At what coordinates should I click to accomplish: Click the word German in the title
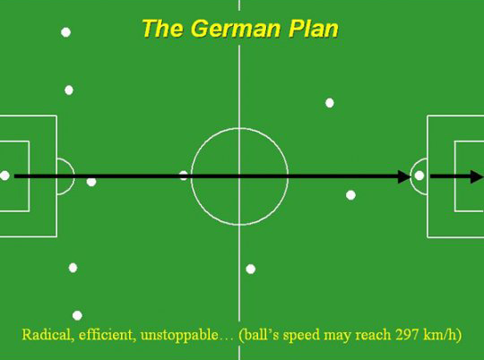pos(237,29)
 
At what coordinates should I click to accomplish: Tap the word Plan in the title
pos(314,29)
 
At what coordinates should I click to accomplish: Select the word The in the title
pos(163,29)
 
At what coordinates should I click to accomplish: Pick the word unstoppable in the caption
pos(179,335)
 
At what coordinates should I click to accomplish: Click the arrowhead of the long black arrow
pos(404,176)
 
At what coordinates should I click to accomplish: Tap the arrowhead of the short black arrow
pos(477,176)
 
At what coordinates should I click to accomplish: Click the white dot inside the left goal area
pos(4,176)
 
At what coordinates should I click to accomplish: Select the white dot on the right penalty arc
pos(419,176)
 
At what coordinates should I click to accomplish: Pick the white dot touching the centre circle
pos(184,176)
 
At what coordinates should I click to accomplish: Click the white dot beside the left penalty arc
pos(91,182)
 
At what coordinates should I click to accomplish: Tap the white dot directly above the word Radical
pos(77,315)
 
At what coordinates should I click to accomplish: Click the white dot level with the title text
pos(65,32)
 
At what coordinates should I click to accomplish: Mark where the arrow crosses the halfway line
pos(239,176)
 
